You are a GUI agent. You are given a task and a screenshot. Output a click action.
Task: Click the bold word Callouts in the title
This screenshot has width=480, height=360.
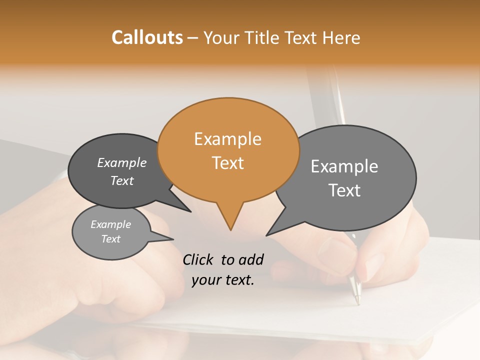(147, 37)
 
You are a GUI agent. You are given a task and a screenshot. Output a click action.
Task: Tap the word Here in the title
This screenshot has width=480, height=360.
(341, 37)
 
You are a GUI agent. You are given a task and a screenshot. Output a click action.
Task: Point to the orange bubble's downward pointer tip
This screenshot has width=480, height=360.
(230, 229)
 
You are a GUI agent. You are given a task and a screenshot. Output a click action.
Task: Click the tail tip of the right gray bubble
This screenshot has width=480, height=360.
(267, 235)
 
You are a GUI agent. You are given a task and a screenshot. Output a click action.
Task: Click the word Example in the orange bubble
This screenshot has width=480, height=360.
(227, 139)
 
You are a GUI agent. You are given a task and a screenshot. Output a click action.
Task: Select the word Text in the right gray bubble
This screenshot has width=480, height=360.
(344, 190)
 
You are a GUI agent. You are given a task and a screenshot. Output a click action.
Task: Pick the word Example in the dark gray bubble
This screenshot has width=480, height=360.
(122, 162)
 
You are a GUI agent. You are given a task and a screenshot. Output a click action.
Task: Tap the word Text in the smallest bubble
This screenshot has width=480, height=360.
(111, 239)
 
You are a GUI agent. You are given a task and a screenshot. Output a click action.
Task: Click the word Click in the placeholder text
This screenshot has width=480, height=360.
(198, 259)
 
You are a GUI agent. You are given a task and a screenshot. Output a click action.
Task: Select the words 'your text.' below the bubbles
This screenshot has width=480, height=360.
(223, 280)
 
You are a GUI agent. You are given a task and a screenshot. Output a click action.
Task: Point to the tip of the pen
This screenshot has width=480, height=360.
(357, 302)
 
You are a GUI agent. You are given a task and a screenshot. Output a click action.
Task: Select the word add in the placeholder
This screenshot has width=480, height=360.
(250, 259)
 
